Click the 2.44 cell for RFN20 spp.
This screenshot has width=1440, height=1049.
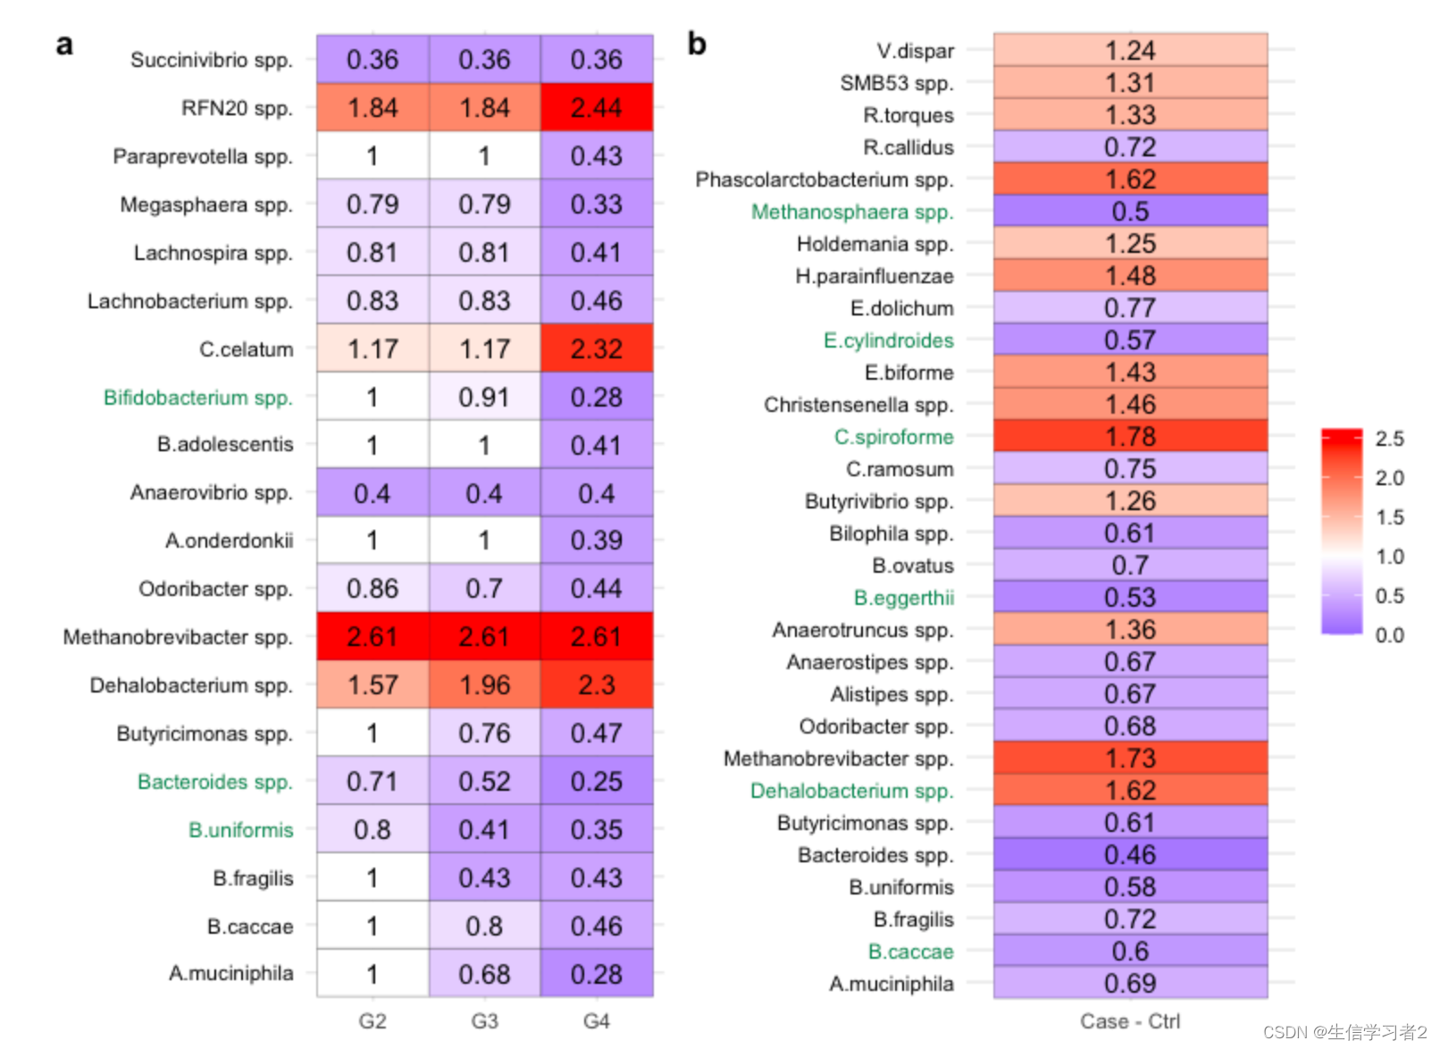coord(596,108)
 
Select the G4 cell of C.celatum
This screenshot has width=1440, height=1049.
coord(596,348)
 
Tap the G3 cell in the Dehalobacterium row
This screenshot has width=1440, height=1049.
coord(484,685)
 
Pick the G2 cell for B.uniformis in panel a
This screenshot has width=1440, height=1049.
coord(373,830)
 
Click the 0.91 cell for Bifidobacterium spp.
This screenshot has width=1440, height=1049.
coord(484,398)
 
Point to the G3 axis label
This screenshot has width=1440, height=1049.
coord(484,1021)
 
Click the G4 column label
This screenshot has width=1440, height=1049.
coord(596,1021)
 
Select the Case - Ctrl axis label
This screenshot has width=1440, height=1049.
coord(1130,1021)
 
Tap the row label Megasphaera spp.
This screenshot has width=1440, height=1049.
coord(206,205)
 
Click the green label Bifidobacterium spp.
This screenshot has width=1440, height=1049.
coord(198,398)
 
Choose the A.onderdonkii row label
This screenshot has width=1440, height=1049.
coord(230,541)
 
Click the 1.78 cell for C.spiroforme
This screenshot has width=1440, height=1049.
coord(1130,437)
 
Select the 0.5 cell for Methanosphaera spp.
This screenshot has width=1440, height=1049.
coord(1130,212)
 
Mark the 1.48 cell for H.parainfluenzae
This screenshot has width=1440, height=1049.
coord(1130,276)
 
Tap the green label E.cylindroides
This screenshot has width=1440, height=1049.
coord(889,340)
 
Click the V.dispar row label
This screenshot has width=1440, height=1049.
coord(916,51)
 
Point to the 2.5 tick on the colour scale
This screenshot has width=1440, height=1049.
coord(1389,439)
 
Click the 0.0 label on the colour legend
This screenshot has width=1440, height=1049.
coord(1389,635)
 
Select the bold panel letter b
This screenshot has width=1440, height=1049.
coord(697,43)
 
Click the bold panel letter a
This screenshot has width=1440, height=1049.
coord(64,45)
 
